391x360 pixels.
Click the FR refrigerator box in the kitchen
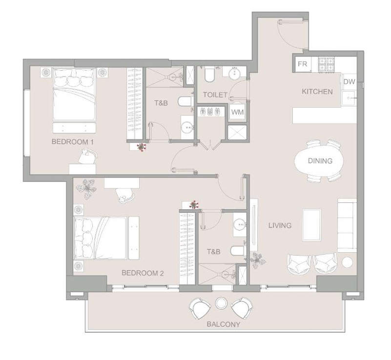click(x=302, y=64)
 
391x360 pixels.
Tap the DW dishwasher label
click(x=349, y=81)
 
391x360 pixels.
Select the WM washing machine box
click(x=237, y=112)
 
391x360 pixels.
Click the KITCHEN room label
click(x=317, y=92)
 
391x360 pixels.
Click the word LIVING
click(x=280, y=225)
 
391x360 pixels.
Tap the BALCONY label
click(x=224, y=324)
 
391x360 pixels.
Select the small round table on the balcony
click(x=221, y=303)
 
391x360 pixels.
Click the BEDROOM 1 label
click(x=73, y=142)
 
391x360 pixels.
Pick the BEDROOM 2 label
click(x=143, y=273)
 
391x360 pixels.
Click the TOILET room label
click(x=215, y=95)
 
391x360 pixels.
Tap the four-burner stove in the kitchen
click(x=327, y=64)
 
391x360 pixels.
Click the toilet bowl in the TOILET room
click(x=209, y=74)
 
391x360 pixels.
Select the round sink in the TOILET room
click(x=234, y=73)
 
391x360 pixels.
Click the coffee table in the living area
click(x=312, y=225)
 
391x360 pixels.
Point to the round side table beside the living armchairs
click(x=347, y=262)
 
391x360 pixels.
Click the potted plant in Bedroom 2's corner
click(x=86, y=189)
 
